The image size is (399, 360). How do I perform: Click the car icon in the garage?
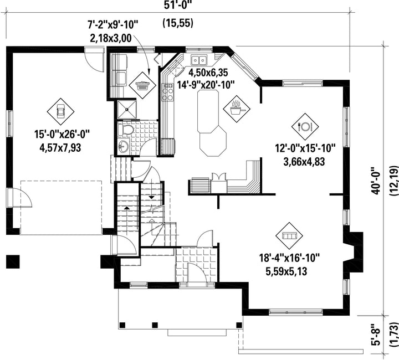[60, 111]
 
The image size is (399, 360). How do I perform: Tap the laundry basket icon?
[142, 85]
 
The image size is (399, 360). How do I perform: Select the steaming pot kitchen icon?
[237, 109]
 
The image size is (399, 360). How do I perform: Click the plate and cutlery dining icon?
[305, 126]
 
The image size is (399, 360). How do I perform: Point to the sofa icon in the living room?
[289, 236]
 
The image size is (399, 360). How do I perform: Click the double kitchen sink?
[199, 60]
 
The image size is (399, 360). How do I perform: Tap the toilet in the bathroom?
[126, 130]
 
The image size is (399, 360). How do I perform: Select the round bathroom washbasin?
[124, 146]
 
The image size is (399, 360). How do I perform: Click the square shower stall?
[127, 110]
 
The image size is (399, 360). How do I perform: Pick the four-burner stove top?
[168, 92]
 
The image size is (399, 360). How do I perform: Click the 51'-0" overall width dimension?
[178, 4]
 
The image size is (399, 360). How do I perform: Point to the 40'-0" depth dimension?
[377, 181]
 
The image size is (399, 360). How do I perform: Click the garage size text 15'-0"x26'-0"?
[62, 134]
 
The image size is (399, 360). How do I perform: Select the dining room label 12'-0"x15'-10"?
[305, 148]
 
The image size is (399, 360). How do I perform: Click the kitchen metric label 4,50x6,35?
[208, 73]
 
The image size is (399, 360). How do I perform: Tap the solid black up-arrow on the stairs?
[126, 208]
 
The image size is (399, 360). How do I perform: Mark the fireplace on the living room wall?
[352, 252]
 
